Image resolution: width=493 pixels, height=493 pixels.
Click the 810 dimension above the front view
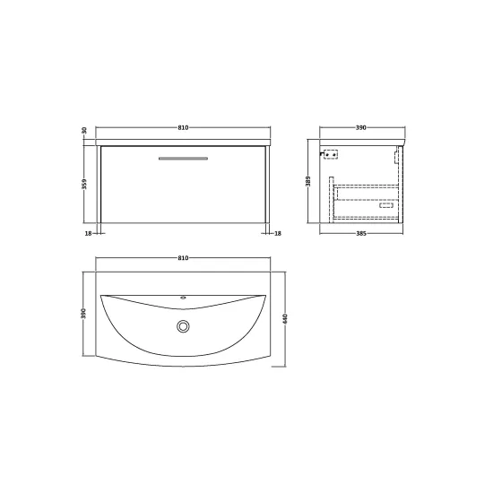pyautogui.click(x=183, y=127)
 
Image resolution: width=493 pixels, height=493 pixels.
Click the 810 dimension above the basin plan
pyautogui.click(x=183, y=258)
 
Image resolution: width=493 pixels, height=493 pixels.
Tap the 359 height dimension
pyautogui.click(x=84, y=185)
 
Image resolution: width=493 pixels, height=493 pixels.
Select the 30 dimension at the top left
pyautogui.click(x=84, y=130)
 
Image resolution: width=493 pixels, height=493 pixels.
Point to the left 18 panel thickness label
pyautogui.click(x=88, y=234)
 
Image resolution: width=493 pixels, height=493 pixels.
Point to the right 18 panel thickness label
pyautogui.click(x=278, y=234)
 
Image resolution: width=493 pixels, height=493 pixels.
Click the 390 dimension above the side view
pyautogui.click(x=361, y=127)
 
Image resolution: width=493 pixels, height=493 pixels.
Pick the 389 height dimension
pyautogui.click(x=308, y=181)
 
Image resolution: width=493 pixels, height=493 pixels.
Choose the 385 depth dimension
pyautogui.click(x=361, y=234)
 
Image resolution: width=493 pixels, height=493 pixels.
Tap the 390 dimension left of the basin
pyautogui.click(x=83, y=314)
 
